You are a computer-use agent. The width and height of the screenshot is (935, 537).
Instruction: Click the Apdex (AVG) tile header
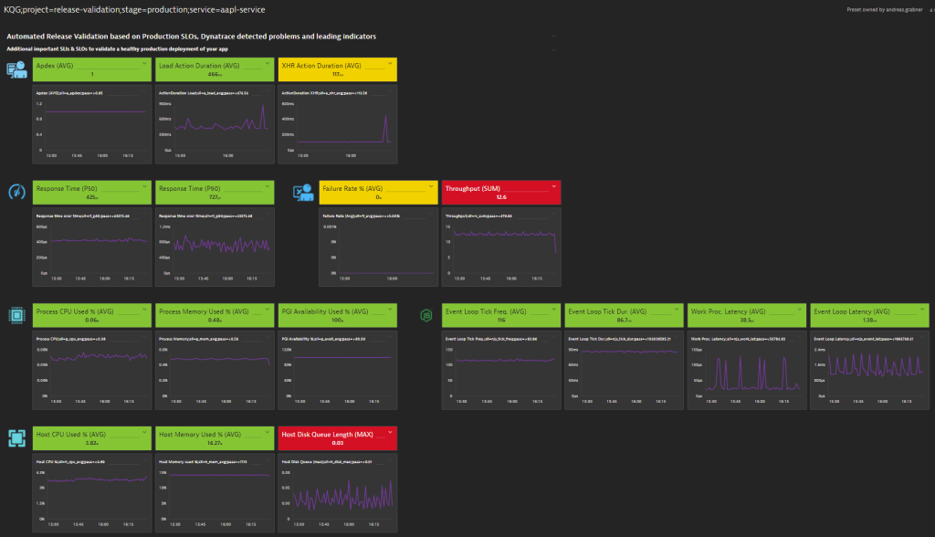coord(91,69)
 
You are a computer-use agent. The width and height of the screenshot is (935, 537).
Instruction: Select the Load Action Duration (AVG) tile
coord(215,69)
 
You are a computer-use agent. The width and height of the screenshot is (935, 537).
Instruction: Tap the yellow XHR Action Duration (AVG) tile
coord(337,69)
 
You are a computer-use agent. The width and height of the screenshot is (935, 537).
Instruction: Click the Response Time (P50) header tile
coord(91,192)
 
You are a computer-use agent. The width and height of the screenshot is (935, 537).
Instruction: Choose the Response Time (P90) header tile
coord(215,192)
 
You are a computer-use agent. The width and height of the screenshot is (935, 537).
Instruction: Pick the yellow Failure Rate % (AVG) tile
coord(378,192)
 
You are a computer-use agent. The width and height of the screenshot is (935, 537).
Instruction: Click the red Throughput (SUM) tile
coord(500,192)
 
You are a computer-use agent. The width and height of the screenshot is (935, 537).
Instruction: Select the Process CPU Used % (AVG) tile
coord(91,315)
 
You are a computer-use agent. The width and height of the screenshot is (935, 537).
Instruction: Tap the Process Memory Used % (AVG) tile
coord(215,315)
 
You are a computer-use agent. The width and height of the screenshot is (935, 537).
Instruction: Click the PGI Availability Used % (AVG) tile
coord(337,315)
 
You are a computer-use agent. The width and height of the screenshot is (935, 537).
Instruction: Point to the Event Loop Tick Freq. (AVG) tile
coord(500,315)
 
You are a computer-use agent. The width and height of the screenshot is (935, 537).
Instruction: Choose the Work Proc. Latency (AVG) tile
coord(746,315)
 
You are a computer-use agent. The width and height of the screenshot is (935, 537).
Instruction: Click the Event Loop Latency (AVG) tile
coord(868,315)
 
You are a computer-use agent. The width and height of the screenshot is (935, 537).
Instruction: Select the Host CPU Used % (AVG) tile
coord(91,439)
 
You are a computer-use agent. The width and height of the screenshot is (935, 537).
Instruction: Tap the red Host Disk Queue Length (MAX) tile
coord(337,439)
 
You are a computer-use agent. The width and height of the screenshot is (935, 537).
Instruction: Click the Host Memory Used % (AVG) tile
coord(215,439)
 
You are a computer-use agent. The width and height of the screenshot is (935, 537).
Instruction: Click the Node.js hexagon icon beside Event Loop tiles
coord(425,315)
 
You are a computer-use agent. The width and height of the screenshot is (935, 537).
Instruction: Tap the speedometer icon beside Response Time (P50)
coord(16,192)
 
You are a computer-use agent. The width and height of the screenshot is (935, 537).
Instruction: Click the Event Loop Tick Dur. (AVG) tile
coord(624,315)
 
